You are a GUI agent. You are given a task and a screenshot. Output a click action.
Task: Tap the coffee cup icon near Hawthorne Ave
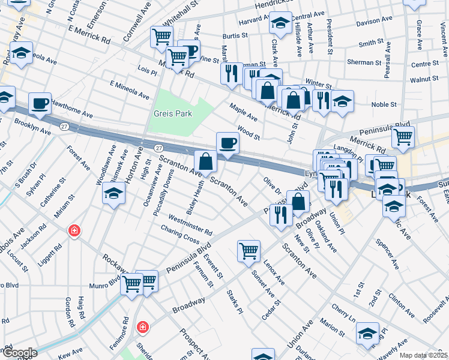click(40, 103)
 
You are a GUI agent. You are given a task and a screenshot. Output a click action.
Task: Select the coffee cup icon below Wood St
click(228, 143)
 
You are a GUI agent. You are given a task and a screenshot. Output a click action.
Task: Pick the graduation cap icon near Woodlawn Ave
click(113, 194)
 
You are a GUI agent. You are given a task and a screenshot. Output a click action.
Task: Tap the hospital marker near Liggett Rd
click(74, 230)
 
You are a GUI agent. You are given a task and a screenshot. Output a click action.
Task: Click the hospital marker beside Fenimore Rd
click(142, 327)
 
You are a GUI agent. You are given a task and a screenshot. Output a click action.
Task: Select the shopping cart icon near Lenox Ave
click(249, 251)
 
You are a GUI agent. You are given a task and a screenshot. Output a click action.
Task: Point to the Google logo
click(20, 353)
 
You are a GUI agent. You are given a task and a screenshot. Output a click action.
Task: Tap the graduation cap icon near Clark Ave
click(280, 23)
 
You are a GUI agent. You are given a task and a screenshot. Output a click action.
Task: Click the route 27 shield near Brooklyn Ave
click(64, 126)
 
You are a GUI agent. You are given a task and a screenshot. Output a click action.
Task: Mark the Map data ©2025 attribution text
click(424, 355)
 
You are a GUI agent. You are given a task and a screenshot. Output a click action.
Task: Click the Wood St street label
click(248, 133)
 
